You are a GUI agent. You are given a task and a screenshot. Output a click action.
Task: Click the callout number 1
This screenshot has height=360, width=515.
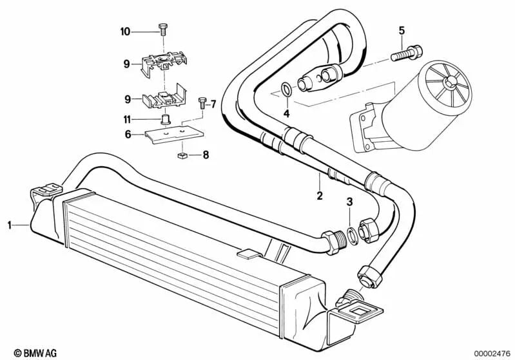pos(10,225)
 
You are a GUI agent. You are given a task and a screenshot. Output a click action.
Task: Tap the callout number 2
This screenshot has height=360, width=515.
pos(318,193)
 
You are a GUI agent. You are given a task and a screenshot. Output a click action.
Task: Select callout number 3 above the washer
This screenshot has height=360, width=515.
pos(350,203)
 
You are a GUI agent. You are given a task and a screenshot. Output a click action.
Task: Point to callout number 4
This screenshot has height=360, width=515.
pos(286,114)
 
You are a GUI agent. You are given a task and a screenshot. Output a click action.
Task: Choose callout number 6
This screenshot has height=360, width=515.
pos(128,134)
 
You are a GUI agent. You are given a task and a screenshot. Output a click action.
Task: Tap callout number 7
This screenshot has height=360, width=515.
pos(214,104)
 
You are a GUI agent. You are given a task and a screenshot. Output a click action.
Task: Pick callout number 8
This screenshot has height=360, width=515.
pos(206,155)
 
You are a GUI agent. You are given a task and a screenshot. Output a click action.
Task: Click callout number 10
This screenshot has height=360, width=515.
pos(125,31)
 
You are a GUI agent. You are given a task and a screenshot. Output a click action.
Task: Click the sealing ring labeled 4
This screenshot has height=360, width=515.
pos(286,88)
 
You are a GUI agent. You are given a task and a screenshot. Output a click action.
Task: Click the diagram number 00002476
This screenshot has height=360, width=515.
pos(492,352)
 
